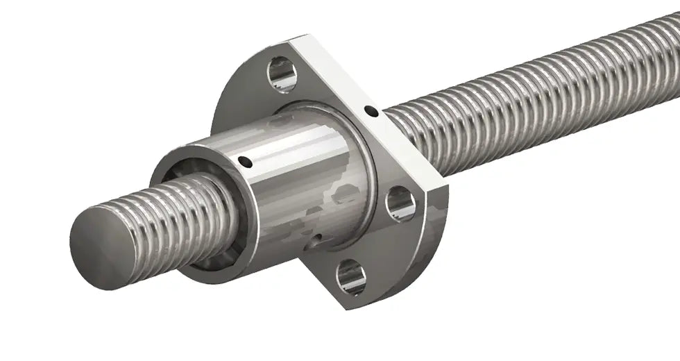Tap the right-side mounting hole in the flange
point(400,204)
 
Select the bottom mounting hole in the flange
point(351,276)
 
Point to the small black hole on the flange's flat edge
point(372,110)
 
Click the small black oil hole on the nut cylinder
point(245,162)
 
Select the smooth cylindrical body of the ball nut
point(305,187)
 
